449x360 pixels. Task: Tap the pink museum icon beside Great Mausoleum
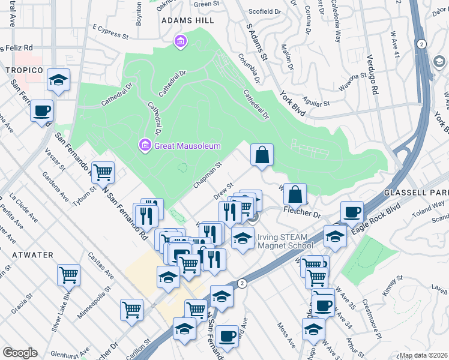pyautogui.click(x=144, y=145)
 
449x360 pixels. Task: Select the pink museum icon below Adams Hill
pyautogui.click(x=179, y=41)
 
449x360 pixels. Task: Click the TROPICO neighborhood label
pyautogui.click(x=24, y=70)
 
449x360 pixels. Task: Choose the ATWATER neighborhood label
pyautogui.click(x=31, y=255)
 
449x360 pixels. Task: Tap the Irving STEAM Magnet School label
pyautogui.click(x=285, y=241)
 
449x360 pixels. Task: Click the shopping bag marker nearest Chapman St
pyautogui.click(x=262, y=156)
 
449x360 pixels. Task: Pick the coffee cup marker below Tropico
pyautogui.click(x=42, y=112)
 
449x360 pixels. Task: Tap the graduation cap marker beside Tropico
pyautogui.click(x=58, y=80)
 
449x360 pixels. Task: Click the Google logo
pyautogui.click(x=20, y=353)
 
